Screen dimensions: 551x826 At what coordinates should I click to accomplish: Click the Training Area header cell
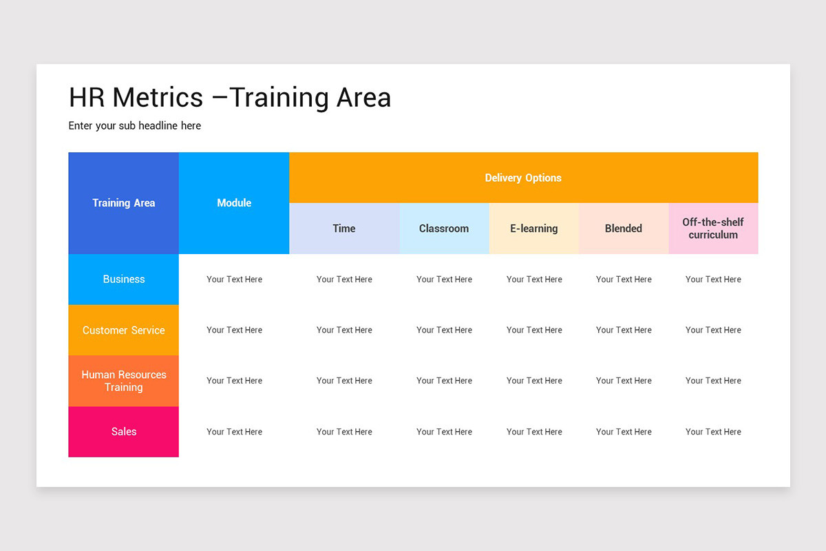[x=124, y=202]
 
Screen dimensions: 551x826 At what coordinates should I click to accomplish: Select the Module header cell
[x=234, y=202]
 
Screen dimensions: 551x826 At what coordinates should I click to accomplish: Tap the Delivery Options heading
[x=523, y=178]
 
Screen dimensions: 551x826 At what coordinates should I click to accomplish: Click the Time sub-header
[x=344, y=228]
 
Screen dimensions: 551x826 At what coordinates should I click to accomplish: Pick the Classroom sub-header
[x=444, y=228]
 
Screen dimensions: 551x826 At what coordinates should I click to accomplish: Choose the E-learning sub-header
[x=534, y=228]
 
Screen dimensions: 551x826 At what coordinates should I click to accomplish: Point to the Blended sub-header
[x=624, y=228]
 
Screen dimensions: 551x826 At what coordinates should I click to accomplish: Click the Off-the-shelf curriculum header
[x=713, y=228]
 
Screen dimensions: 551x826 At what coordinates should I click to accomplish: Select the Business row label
[x=124, y=279]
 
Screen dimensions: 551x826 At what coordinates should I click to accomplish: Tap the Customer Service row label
[x=124, y=330]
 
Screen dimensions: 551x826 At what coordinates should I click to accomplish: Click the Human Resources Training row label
[x=124, y=381]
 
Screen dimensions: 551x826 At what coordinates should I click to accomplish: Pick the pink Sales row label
[x=124, y=432]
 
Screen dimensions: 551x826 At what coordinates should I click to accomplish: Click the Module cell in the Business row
[x=234, y=279]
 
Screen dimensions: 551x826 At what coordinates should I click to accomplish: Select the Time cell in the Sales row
[x=344, y=432]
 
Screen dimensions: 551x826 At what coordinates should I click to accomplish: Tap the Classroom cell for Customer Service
[x=444, y=330]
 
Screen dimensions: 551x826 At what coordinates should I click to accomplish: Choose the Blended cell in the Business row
[x=624, y=279]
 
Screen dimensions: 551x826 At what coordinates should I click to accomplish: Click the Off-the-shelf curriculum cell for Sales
[x=713, y=432]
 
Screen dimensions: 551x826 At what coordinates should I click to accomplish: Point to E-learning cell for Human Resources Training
[x=534, y=381]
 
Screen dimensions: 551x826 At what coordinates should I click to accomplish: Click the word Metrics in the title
[x=158, y=97]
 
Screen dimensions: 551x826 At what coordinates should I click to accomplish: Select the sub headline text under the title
[x=135, y=126]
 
